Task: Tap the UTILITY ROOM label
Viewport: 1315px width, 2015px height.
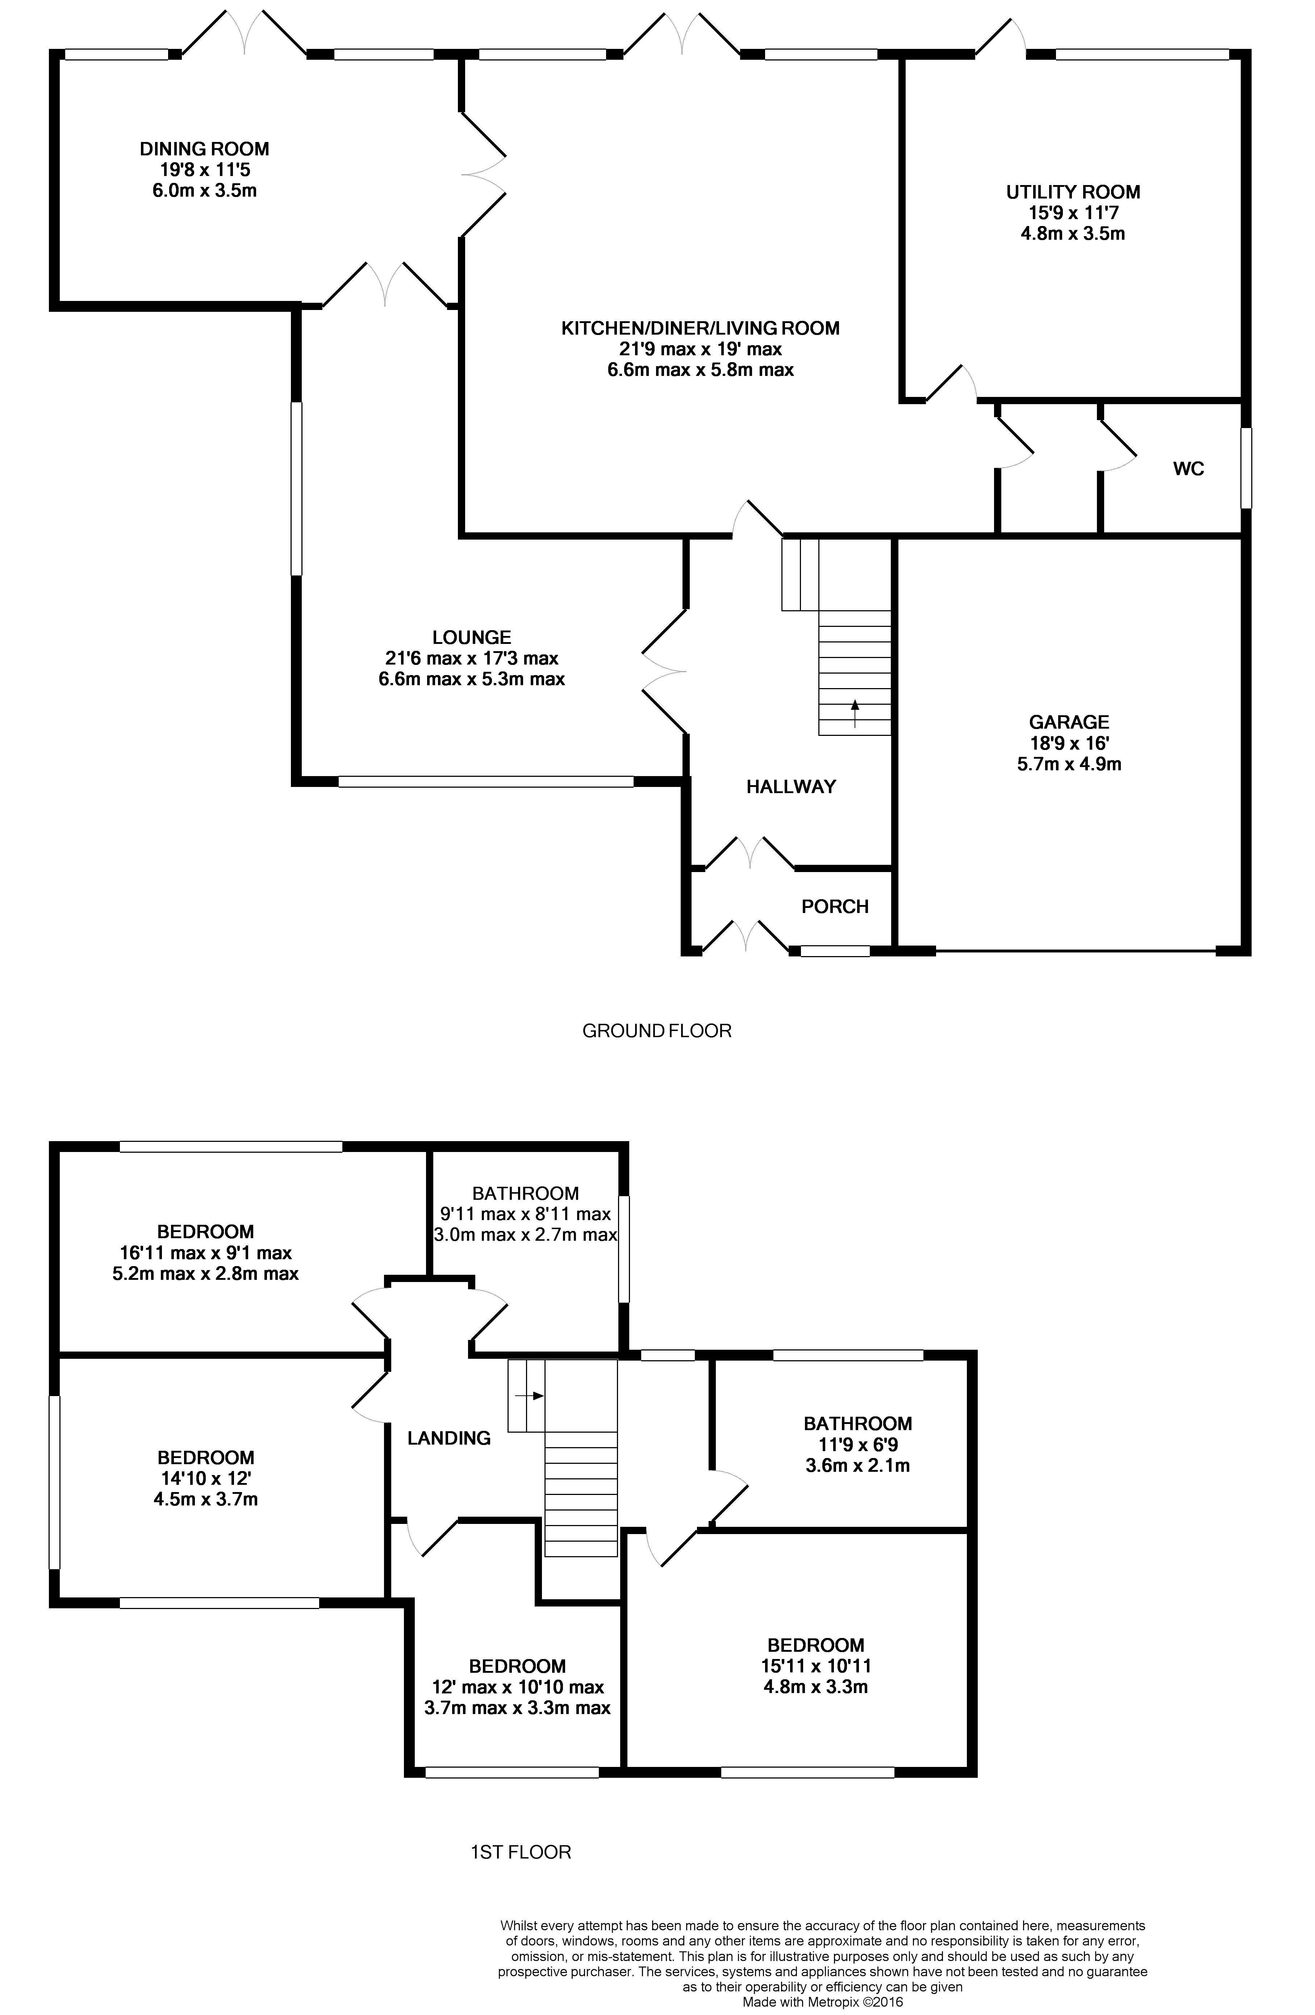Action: coord(1073,192)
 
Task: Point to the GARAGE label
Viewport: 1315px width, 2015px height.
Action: coord(1069,722)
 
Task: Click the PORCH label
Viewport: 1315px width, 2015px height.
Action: coord(835,907)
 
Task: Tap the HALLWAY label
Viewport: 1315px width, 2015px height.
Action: coord(791,787)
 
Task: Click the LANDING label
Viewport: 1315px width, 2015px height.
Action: coord(449,1438)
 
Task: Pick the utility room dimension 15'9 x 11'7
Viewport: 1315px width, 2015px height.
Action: coord(1073,213)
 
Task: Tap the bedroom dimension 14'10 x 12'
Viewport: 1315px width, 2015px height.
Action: coord(206,1478)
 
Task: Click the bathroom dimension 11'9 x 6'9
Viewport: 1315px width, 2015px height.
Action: coord(858,1444)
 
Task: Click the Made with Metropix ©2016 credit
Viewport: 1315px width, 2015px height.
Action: coord(822,2002)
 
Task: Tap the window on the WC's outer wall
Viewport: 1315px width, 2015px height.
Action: coord(1245,468)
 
